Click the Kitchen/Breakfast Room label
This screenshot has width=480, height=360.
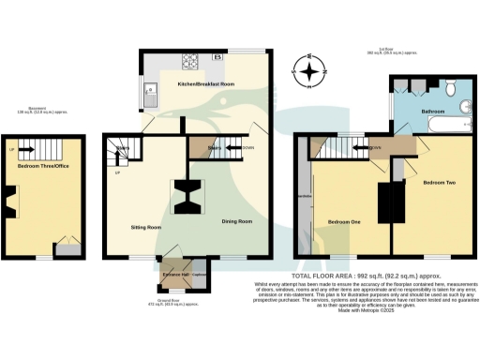(205, 84)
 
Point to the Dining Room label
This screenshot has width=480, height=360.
(236, 221)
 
